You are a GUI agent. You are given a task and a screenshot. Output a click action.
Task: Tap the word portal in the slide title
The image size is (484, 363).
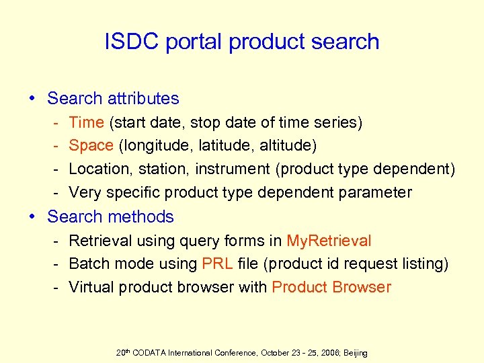(192, 42)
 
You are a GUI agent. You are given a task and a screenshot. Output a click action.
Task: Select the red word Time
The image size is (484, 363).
(86, 122)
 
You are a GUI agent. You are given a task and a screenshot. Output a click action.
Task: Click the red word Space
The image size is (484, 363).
(91, 146)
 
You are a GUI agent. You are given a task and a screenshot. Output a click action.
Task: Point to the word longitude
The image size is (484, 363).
(155, 146)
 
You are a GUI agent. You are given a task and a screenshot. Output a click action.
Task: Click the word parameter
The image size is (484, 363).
(374, 192)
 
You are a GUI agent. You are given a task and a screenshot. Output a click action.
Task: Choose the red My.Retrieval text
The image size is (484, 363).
(329, 241)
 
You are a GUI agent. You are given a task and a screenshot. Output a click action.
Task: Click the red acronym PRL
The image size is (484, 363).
(217, 264)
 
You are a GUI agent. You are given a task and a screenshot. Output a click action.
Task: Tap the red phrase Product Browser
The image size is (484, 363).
(331, 287)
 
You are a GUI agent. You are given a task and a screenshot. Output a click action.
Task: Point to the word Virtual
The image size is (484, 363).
(93, 287)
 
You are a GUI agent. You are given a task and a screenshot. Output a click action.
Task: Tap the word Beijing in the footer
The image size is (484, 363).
(353, 353)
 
